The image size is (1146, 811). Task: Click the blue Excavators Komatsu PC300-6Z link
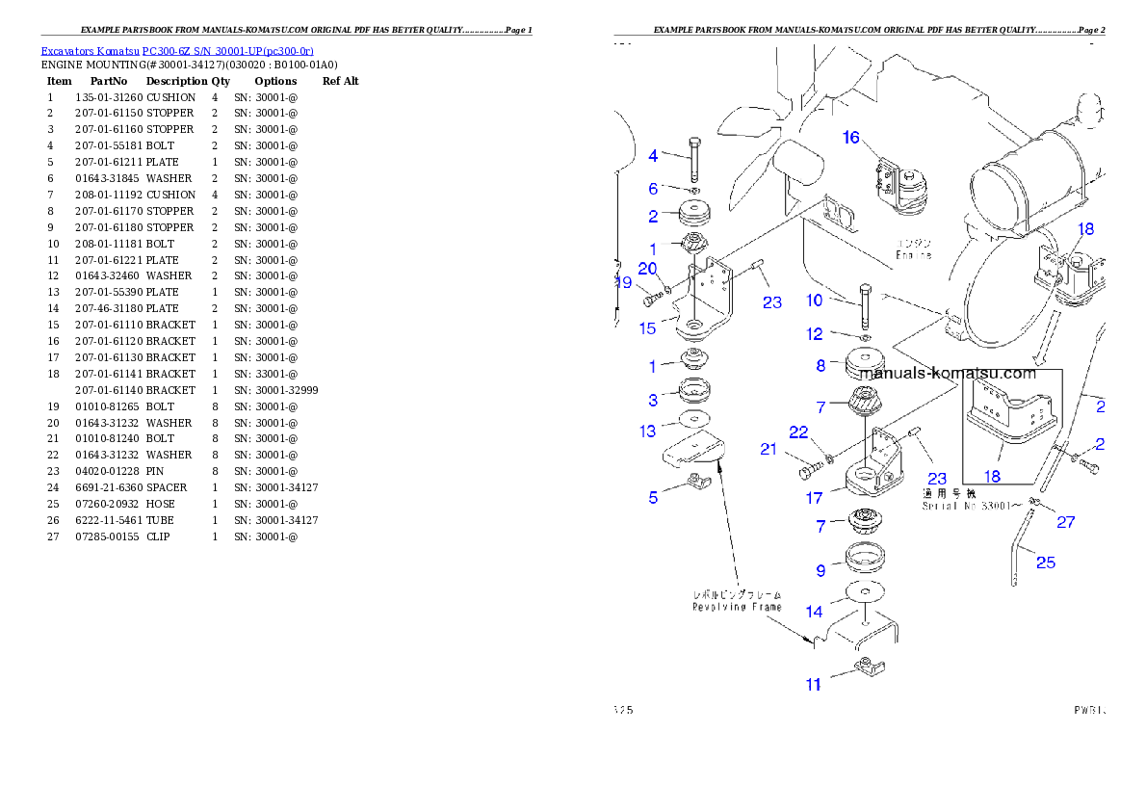[x=177, y=51]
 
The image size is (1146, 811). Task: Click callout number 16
[x=851, y=138]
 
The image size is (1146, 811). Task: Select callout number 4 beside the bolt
[x=653, y=155]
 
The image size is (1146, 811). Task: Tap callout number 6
[x=653, y=189]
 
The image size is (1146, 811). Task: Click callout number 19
[x=624, y=283]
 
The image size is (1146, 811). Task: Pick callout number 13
[x=648, y=432]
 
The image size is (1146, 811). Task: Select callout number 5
[x=653, y=498]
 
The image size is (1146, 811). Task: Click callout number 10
[x=815, y=300]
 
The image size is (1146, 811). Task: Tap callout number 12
[x=815, y=334]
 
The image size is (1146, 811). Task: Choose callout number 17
[x=815, y=498]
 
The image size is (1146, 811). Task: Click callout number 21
[x=768, y=449]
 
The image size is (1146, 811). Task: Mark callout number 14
[x=815, y=612]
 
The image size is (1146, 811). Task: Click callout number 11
[x=814, y=685]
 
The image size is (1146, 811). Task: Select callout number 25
[x=1046, y=562]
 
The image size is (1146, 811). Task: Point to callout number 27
[x=1065, y=523]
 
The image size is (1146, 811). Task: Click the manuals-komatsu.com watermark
[x=948, y=374]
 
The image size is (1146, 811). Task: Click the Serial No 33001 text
[x=964, y=506]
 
